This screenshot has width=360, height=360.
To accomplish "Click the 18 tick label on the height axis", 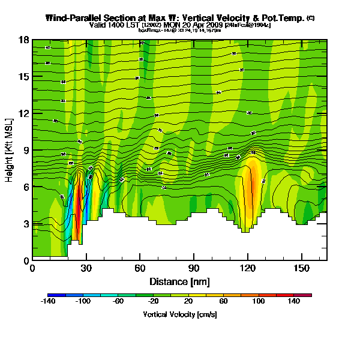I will pos(25,40).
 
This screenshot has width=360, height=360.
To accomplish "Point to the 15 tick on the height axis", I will pos(25,77).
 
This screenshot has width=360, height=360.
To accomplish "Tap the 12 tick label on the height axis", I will pos(25,113).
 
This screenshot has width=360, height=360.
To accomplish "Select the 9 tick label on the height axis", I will pos(26,150).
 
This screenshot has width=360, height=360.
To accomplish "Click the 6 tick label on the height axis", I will pos(26,187).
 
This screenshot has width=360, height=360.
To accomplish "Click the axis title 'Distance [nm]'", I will pos(179,281).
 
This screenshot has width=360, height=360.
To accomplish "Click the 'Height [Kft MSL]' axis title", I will pos(10,150).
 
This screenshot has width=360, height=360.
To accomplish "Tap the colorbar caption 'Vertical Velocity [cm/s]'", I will pos(179,314).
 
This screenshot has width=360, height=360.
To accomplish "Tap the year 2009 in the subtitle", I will pos(214,25).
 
